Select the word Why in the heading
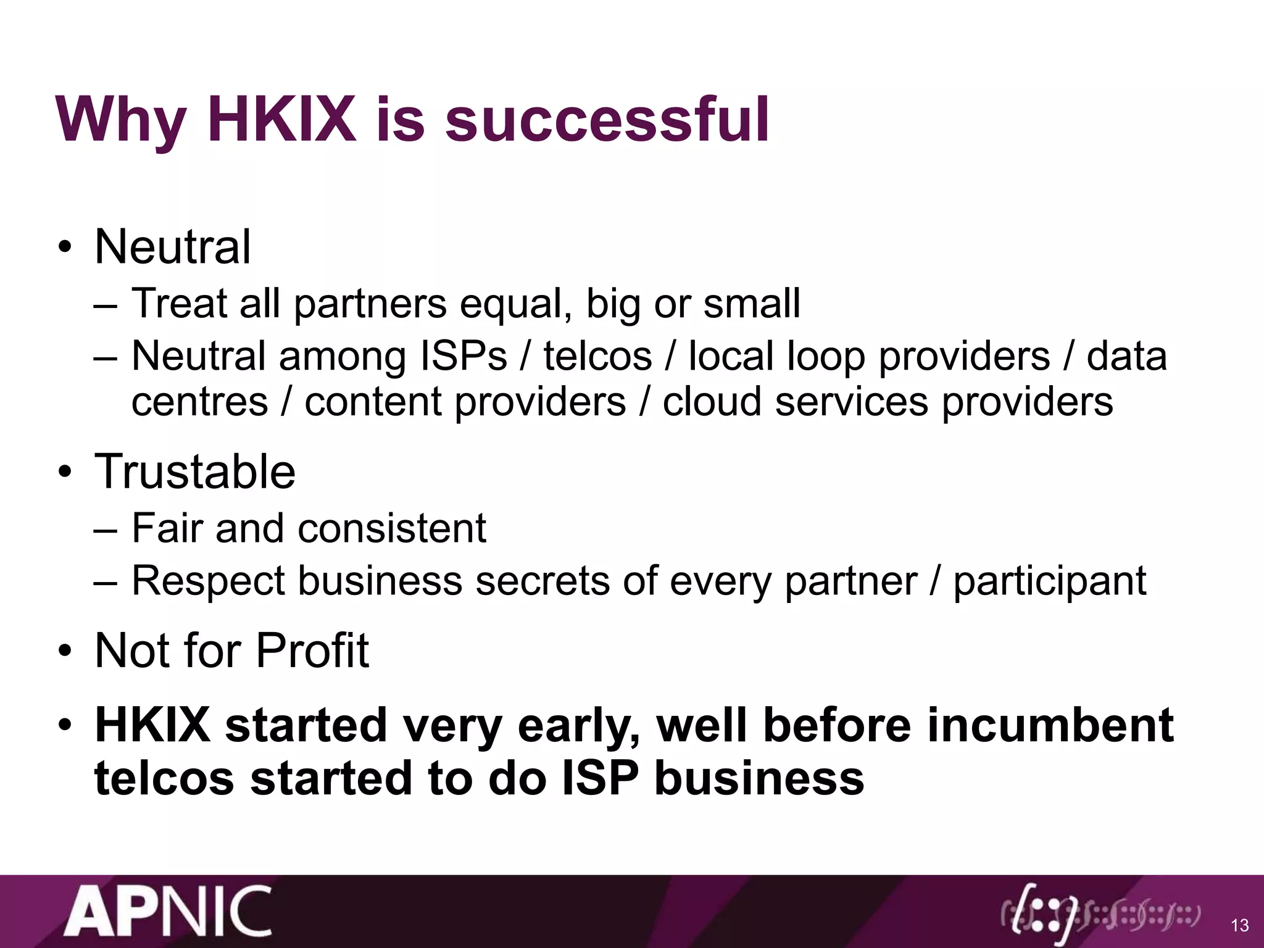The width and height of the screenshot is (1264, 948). [x=121, y=121]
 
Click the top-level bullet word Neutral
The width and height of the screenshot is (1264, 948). [x=173, y=247]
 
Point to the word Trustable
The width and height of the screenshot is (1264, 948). [x=195, y=472]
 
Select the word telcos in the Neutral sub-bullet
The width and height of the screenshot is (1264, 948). [x=597, y=357]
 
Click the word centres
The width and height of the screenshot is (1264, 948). [x=200, y=402]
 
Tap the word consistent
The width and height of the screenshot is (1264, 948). [x=392, y=528]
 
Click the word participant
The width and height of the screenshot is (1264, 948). [x=1050, y=582]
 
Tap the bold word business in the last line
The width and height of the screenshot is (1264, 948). [x=759, y=778]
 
